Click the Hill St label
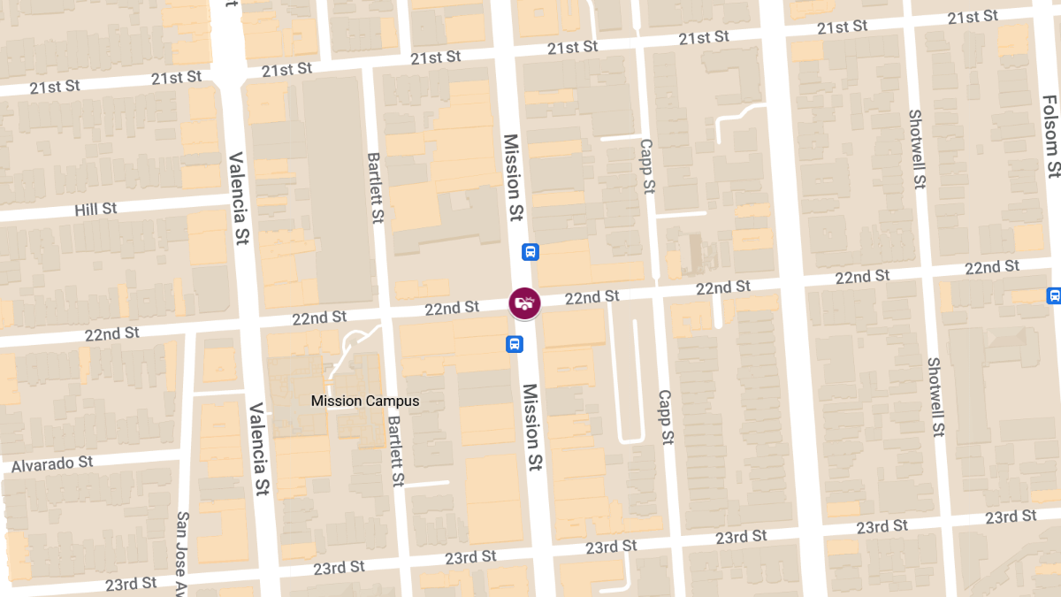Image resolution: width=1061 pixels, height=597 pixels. (x=96, y=210)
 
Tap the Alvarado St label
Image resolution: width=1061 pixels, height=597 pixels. (x=52, y=463)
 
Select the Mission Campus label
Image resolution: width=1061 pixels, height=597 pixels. (x=365, y=401)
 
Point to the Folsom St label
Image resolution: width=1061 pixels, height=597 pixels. (x=1050, y=136)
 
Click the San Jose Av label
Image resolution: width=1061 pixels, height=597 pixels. (x=182, y=552)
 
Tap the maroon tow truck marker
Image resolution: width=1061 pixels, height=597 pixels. (x=524, y=303)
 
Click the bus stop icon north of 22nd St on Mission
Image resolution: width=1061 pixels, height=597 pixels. (x=530, y=252)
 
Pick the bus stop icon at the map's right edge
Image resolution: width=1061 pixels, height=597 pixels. (x=1053, y=295)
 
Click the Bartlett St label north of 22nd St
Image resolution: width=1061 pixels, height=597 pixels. (x=375, y=187)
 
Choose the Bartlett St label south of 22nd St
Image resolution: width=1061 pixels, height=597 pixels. (x=395, y=451)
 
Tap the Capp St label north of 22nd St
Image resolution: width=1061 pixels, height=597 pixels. (x=647, y=165)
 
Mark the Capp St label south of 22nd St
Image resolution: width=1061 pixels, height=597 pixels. (x=666, y=417)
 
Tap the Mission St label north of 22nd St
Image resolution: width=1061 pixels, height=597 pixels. (x=514, y=178)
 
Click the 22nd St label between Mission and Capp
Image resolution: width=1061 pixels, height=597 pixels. (x=592, y=297)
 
